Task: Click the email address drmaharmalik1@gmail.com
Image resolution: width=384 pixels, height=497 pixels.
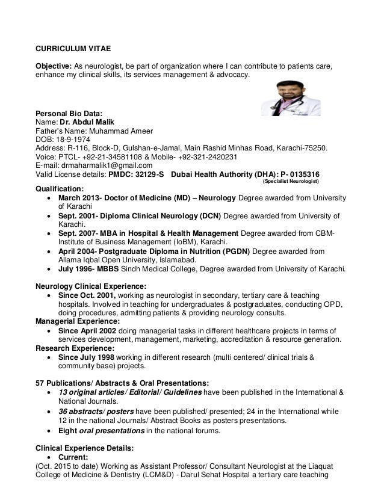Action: coord(103,164)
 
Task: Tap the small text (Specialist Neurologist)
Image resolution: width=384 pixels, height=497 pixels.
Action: coord(291,181)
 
